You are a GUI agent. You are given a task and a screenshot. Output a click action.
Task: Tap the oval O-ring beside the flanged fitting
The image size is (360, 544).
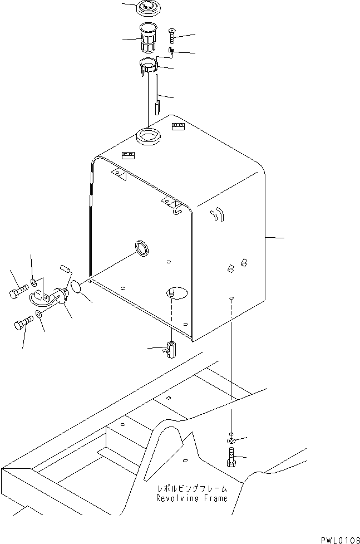77,288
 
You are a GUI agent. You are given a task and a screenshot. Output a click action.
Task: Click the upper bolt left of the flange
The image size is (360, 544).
18,291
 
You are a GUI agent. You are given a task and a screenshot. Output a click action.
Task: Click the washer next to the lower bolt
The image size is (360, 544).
38,315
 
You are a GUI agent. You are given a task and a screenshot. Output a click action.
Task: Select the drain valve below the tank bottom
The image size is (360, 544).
170,350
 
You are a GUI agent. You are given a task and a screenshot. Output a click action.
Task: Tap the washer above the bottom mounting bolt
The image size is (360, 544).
231,440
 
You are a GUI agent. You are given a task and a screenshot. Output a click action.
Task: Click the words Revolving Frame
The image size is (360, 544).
191,498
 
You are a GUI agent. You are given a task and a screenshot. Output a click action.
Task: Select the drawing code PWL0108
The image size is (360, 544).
338,540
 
